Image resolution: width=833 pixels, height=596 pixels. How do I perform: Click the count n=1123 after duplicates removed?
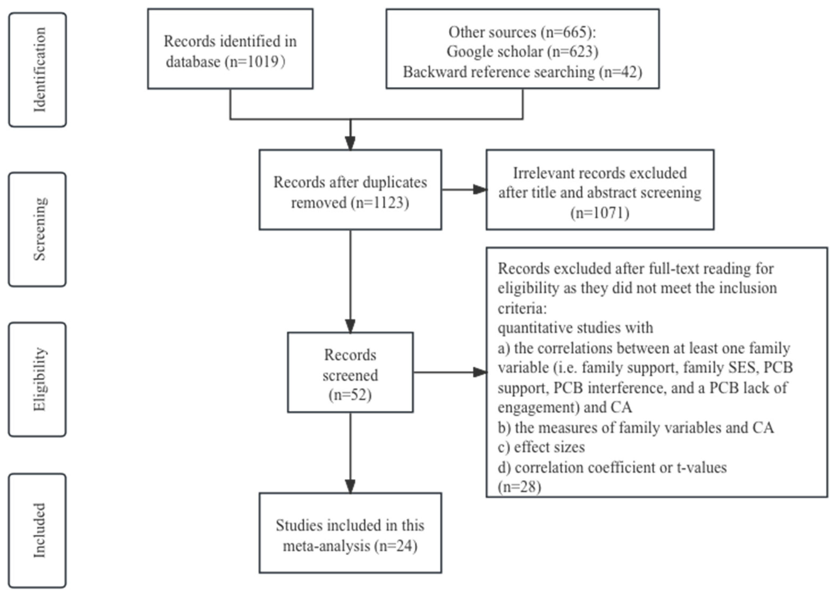(380, 203)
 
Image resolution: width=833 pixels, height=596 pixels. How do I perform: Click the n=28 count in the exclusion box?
(519, 487)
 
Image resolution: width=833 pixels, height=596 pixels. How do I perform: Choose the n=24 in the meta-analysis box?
(396, 546)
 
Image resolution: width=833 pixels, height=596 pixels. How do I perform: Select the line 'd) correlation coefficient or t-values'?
(612, 468)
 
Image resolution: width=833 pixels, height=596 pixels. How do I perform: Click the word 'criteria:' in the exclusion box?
(522, 308)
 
